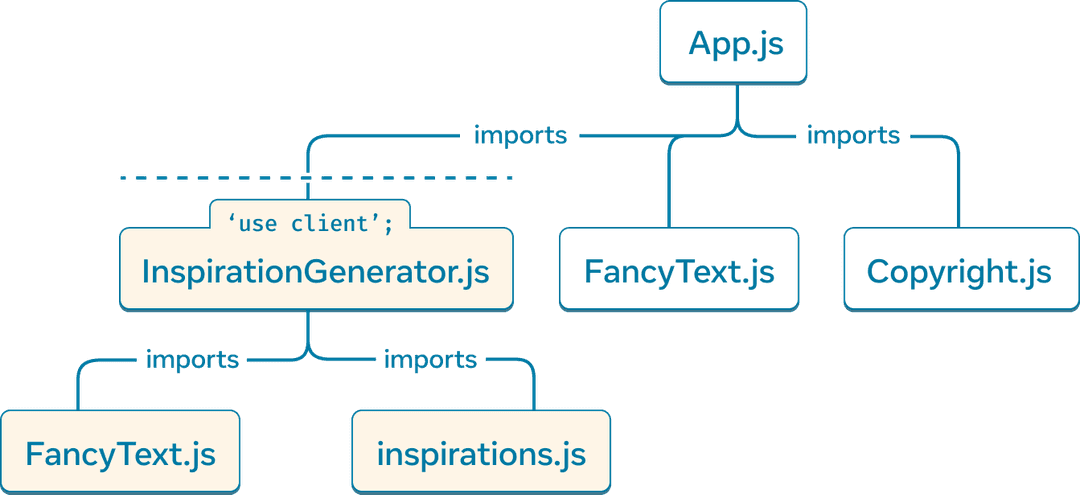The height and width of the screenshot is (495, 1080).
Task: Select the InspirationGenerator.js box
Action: pyautogui.click(x=316, y=270)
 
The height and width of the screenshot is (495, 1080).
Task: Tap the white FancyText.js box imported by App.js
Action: pyautogui.click(x=679, y=270)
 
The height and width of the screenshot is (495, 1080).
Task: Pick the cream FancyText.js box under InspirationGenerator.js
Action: pyautogui.click(x=120, y=453)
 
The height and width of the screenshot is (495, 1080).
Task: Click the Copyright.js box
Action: pyautogui.click(x=959, y=270)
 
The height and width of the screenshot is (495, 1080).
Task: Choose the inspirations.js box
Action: pyautogui.click(x=481, y=453)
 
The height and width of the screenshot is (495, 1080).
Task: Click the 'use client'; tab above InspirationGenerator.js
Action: pyautogui.click(x=310, y=223)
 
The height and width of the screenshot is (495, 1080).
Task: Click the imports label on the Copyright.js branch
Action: pyautogui.click(x=853, y=134)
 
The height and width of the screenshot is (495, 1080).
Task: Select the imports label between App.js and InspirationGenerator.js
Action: pyautogui.click(x=520, y=134)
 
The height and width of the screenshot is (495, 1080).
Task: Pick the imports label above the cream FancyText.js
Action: pyautogui.click(x=193, y=359)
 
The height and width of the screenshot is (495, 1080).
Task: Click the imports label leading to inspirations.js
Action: pyautogui.click(x=431, y=359)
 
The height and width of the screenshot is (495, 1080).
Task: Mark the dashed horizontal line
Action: pyautogui.click(x=316, y=177)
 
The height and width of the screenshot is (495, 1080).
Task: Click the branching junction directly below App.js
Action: pyautogui.click(x=738, y=128)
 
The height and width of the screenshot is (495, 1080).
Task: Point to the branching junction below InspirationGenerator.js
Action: pyautogui.click(x=307, y=353)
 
